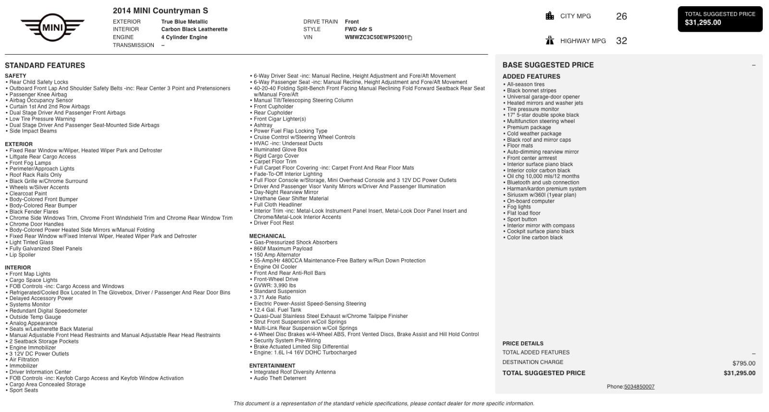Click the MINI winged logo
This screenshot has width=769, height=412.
52,27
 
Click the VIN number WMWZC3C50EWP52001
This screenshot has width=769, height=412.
375,37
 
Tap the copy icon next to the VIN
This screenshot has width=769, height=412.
410,37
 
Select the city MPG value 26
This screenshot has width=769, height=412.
621,16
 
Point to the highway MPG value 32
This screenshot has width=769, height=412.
621,41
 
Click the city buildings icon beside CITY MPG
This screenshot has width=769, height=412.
550,16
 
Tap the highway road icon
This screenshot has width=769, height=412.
550,40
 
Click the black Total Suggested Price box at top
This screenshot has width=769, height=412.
719,19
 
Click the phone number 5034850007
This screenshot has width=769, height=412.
639,387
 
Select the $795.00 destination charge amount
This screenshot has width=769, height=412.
744,364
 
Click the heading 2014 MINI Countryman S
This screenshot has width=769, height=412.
160,11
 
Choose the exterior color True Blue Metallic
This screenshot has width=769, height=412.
185,22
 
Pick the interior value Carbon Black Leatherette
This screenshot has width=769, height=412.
194,29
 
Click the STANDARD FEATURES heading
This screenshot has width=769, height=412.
45,65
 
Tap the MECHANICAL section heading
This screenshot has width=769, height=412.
267,236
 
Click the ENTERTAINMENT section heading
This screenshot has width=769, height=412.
272,366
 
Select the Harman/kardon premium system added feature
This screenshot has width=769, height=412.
546,189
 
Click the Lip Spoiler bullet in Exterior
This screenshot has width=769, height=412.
22,255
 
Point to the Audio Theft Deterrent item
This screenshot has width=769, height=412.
280,378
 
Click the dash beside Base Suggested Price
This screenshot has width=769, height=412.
753,65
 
